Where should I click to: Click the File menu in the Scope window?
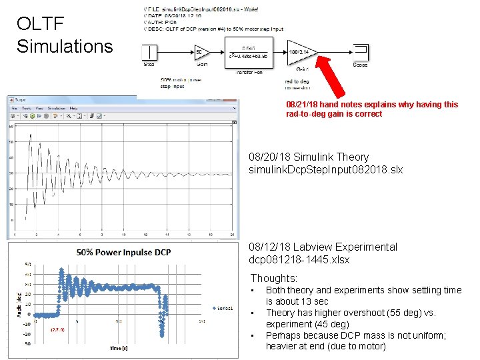[x=13, y=107]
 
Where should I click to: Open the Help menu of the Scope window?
[x=73, y=107]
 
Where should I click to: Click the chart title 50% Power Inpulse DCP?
[x=124, y=252]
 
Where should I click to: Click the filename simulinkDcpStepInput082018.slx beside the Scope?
[x=325, y=170]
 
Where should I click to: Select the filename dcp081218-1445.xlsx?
[x=299, y=259]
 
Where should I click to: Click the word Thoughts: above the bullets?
[x=274, y=278]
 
